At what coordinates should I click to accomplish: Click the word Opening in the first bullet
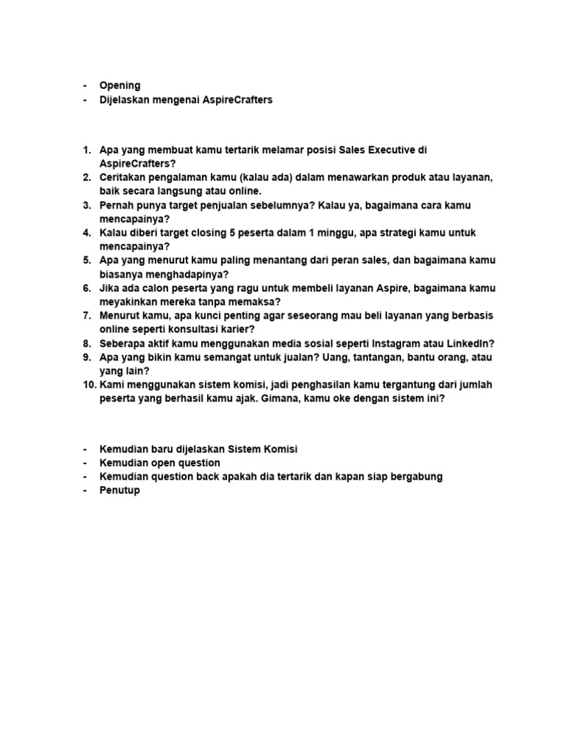point(120,86)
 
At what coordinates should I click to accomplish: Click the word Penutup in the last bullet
point(120,491)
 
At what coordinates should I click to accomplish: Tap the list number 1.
point(85,150)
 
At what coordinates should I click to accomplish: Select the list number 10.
point(88,385)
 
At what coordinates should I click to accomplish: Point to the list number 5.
point(85,261)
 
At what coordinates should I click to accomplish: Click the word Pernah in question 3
point(117,205)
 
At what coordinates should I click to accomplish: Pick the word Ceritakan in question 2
point(124,178)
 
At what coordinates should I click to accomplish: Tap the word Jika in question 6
point(109,288)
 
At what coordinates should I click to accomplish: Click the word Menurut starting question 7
point(120,316)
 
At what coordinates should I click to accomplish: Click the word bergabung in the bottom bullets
point(415,477)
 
